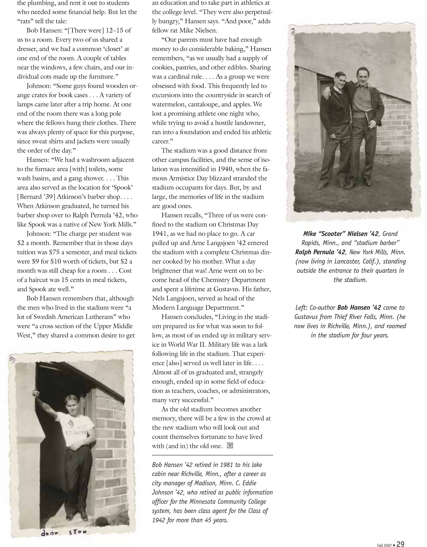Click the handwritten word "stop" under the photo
tap(78, 531)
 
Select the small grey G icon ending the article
tap(230, 446)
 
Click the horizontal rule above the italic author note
tap(212, 455)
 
